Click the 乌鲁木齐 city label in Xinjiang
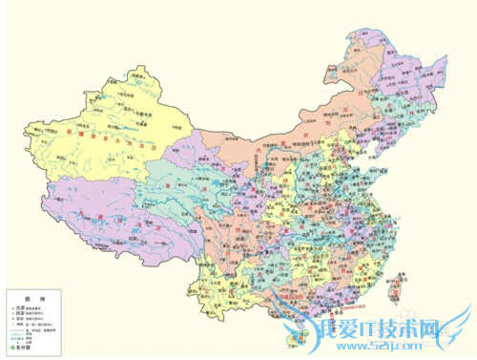pyautogui.click(x=145, y=123)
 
